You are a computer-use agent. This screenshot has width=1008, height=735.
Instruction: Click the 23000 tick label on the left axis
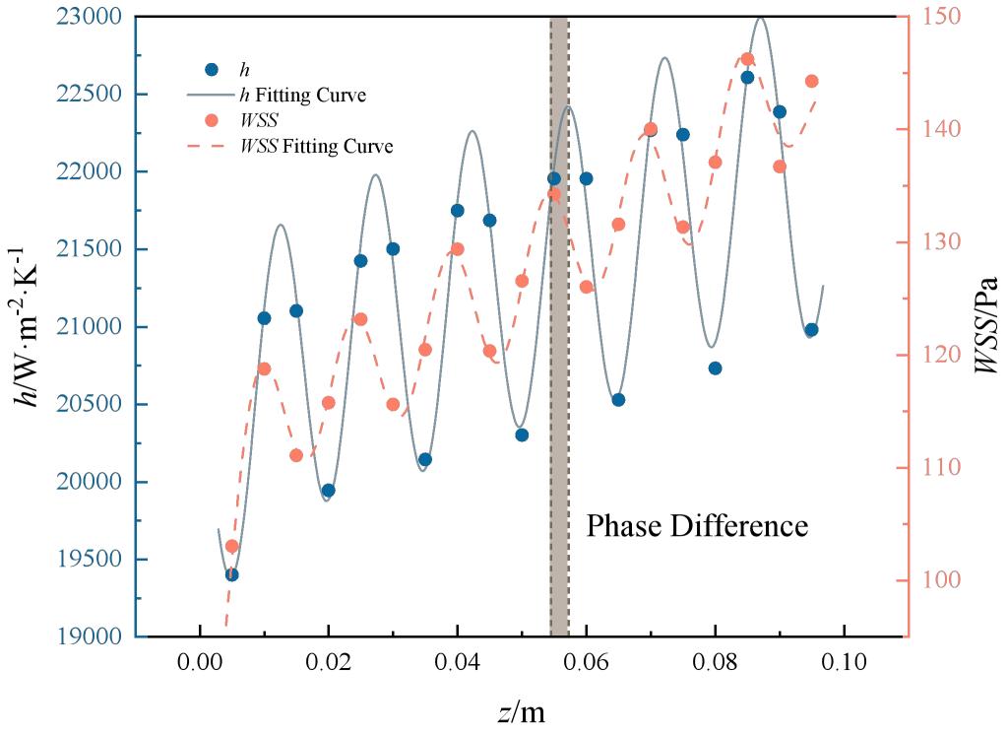click(x=89, y=16)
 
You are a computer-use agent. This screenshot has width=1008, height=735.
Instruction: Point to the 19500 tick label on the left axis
click(x=89, y=559)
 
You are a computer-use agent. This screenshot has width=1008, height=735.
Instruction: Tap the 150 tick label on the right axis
click(x=942, y=16)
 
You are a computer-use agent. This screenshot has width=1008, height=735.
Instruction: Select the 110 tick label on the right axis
click(x=942, y=467)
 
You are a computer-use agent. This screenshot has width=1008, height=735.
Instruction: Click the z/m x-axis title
click(x=522, y=711)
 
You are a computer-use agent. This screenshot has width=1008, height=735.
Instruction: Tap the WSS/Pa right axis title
click(x=986, y=325)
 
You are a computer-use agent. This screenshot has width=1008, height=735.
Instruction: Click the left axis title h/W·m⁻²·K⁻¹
click(x=27, y=326)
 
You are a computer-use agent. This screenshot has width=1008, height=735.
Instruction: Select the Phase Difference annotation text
click(x=697, y=526)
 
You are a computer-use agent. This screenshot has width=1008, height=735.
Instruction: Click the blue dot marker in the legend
click(x=212, y=70)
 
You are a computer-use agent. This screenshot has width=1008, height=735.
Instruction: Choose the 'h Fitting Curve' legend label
click(x=302, y=96)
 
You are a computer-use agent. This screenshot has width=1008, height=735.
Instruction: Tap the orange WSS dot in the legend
click(x=212, y=120)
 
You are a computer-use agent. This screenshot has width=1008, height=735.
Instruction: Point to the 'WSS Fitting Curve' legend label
click(x=317, y=146)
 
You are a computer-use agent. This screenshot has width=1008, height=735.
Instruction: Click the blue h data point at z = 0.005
click(x=232, y=574)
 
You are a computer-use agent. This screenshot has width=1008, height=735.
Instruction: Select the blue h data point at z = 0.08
click(x=715, y=368)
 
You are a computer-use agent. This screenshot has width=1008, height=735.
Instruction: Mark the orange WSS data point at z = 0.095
click(x=811, y=81)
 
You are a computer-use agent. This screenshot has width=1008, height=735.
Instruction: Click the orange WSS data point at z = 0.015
click(x=296, y=455)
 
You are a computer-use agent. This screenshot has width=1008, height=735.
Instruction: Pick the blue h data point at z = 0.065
click(x=618, y=400)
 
